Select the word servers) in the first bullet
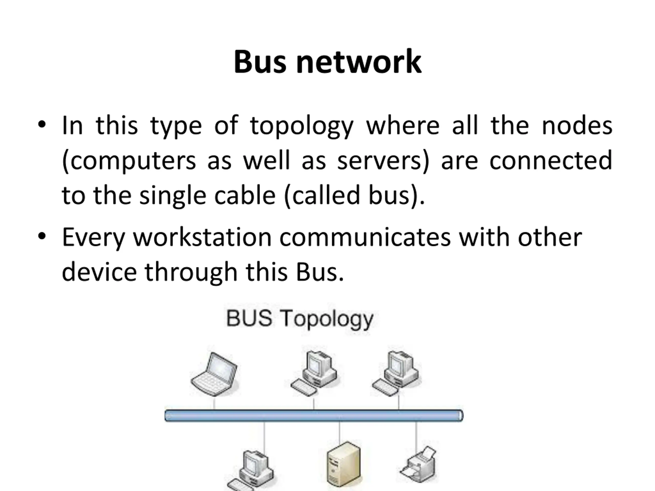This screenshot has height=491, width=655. (383, 161)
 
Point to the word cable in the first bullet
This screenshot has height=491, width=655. (245, 196)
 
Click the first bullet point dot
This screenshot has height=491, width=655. (42, 125)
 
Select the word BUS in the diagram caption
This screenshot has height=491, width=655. (249, 318)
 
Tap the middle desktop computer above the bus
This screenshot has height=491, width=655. (314, 373)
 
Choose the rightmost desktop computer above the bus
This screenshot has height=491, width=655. (396, 373)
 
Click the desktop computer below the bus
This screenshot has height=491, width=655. (251, 471)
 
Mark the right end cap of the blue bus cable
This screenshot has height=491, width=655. (461, 416)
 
